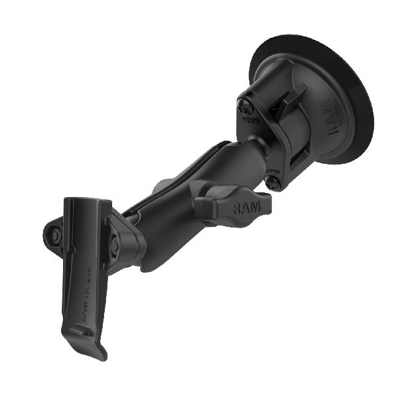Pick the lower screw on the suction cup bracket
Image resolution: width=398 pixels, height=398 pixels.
point(273,179)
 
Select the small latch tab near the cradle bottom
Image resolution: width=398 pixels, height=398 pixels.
point(80,330)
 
